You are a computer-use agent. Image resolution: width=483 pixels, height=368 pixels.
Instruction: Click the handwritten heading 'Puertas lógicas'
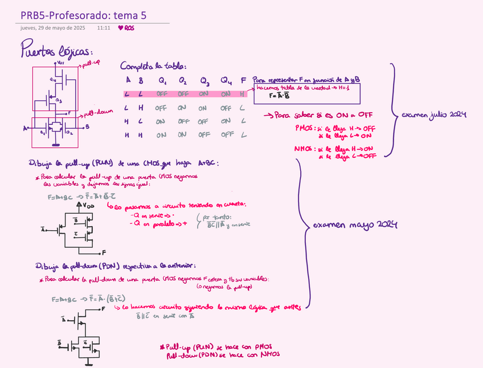point(55,50)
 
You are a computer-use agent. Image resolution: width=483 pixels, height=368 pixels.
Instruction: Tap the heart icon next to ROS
point(120,27)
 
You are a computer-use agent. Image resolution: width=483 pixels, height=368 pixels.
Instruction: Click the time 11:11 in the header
point(104,27)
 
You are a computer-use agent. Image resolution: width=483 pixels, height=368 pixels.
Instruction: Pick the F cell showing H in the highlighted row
point(243,93)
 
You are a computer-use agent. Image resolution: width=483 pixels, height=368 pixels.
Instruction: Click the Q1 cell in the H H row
point(161,135)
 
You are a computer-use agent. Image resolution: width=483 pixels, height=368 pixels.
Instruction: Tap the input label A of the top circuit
point(26,129)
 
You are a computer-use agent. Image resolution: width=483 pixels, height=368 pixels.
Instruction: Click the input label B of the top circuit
point(87,128)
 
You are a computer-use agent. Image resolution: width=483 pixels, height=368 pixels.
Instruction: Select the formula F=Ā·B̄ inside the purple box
point(279,96)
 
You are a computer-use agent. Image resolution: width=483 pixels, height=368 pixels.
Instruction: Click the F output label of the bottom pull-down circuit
point(103,308)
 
